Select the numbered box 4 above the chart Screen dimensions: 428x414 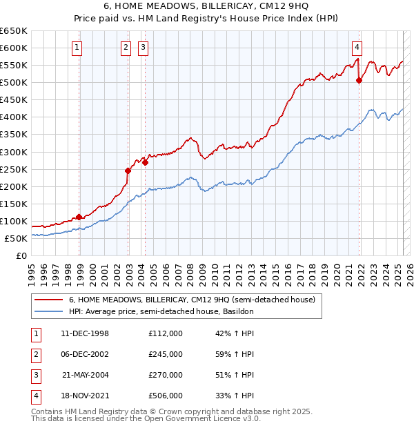[x=357, y=48]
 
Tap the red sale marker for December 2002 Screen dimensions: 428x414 [x=128, y=171]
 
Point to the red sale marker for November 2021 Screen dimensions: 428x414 [x=359, y=80]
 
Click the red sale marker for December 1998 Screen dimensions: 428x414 [x=79, y=217]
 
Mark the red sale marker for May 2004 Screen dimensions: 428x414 [x=145, y=162]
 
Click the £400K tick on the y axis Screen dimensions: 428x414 [x=14, y=117]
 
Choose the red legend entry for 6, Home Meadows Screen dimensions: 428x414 [x=192, y=300]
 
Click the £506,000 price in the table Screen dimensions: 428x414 [x=165, y=396]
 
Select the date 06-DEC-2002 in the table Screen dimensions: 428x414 [x=85, y=354]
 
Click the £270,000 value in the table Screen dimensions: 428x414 [x=165, y=375]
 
